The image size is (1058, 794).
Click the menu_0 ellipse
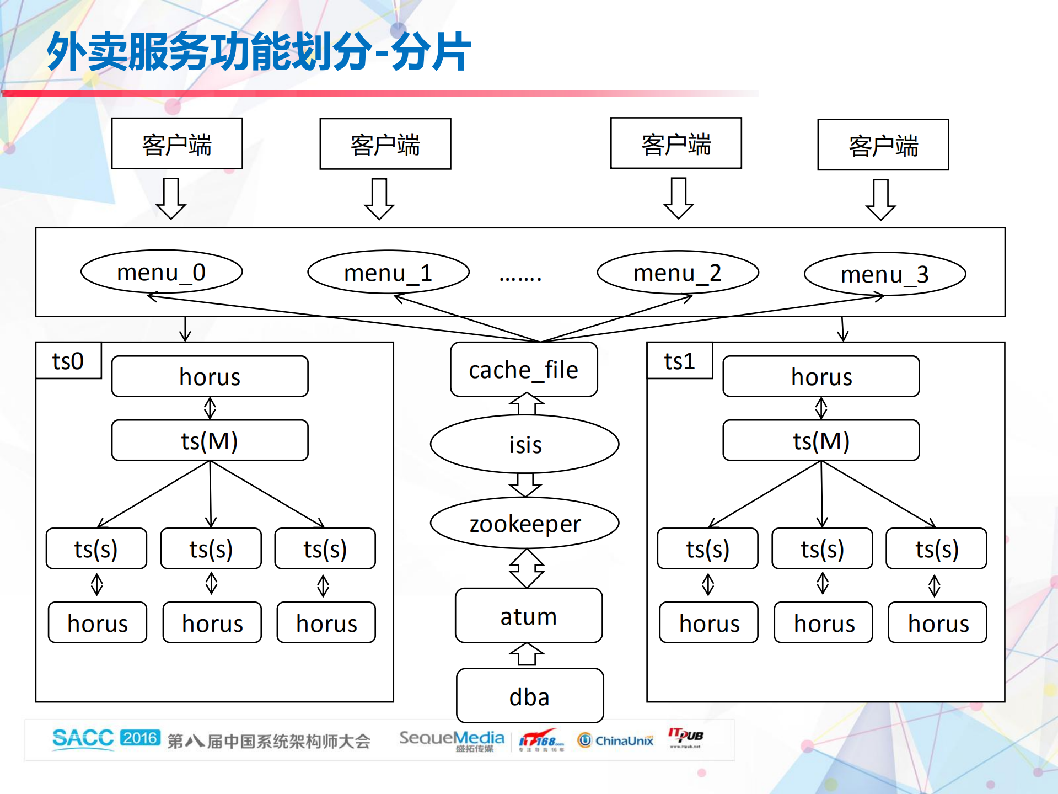point(162,272)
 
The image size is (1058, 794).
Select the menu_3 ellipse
point(885,274)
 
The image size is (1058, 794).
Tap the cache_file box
point(524,370)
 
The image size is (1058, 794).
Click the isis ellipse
point(525,444)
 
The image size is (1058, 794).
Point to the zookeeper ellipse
point(525,523)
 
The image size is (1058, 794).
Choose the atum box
point(528,616)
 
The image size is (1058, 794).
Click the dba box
point(529,696)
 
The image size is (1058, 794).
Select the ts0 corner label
point(68,361)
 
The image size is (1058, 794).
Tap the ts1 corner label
point(679,361)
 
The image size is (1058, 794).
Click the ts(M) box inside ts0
point(210,441)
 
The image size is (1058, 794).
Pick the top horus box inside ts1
point(821,377)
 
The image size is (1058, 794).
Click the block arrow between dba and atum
point(527,655)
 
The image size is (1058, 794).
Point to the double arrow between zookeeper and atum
point(527,568)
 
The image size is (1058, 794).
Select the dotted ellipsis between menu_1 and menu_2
point(520,278)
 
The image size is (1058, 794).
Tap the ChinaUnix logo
point(615,740)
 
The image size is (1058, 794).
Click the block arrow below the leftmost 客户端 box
point(171,199)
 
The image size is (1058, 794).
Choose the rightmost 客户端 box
point(883,145)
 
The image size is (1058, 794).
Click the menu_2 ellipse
point(678,273)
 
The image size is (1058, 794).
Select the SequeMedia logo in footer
point(451,739)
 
